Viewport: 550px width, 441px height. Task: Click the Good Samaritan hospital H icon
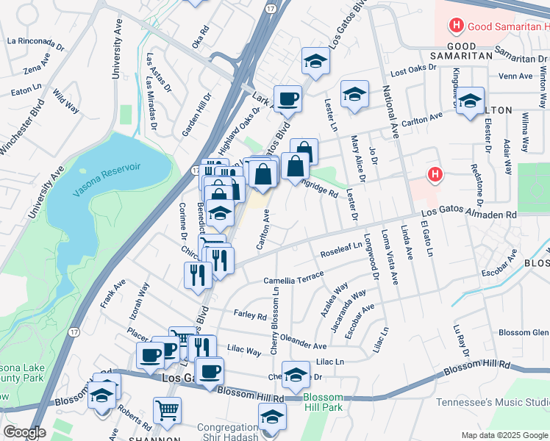point(456,27)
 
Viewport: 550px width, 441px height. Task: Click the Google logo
point(24,432)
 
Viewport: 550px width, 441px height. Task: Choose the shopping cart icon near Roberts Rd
point(167,410)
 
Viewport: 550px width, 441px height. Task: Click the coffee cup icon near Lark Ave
point(287,98)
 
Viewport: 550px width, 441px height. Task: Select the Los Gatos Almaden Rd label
point(469,215)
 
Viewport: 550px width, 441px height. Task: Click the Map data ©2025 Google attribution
point(504,435)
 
